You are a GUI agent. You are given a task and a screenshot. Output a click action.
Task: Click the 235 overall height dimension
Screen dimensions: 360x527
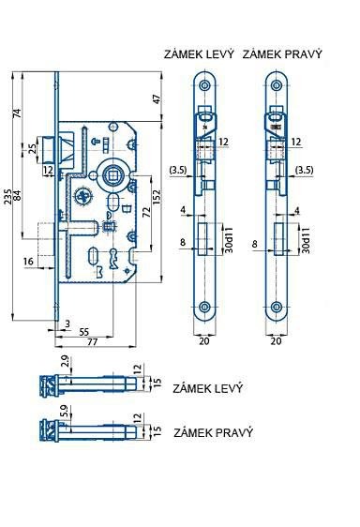click(7, 196)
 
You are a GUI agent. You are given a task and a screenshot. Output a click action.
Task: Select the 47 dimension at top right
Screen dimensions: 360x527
click(157, 98)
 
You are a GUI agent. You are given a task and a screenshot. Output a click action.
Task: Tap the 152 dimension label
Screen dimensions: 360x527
click(157, 196)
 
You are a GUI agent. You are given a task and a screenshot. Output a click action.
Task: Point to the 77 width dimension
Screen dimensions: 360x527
click(93, 342)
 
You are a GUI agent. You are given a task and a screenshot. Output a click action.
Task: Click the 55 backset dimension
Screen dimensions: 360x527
click(83, 332)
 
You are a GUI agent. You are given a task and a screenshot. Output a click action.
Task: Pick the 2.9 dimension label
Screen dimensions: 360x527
click(66, 361)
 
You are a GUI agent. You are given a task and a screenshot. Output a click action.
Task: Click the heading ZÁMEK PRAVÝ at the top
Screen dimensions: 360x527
click(282, 54)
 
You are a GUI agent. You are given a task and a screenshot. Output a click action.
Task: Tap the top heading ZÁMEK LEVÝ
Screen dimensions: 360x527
click(199, 54)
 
